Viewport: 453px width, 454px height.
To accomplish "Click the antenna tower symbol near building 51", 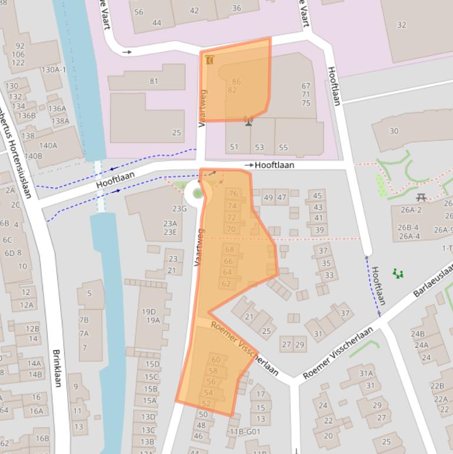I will point(249,121).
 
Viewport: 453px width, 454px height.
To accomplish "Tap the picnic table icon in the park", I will point(421,197).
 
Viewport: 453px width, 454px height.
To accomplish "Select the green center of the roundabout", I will point(197,193).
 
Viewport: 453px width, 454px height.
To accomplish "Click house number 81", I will point(154,81).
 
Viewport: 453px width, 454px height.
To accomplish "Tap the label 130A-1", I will point(54,70).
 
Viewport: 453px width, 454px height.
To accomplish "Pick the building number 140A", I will point(48,146).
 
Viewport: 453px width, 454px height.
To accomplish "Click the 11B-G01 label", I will point(245,432).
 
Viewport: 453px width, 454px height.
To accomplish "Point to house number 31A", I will point(366,373).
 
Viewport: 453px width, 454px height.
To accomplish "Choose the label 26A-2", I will point(411,210).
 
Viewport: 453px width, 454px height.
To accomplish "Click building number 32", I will point(402,25).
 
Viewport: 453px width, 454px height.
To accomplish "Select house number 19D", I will point(149,311).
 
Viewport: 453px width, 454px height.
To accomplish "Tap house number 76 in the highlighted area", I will point(233,193).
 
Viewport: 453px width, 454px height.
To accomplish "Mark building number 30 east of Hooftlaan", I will point(394,131).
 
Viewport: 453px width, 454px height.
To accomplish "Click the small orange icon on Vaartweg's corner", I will point(210,60).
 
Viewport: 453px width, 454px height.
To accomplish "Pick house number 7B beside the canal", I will point(84,320).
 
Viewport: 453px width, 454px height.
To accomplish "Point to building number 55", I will point(283,147).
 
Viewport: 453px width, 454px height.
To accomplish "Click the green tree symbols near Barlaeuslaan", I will point(398,274).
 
